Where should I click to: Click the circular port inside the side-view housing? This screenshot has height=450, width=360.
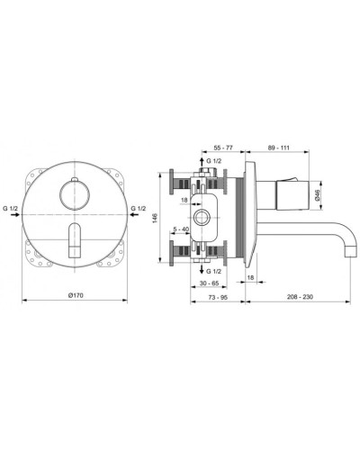tap(204, 219)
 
